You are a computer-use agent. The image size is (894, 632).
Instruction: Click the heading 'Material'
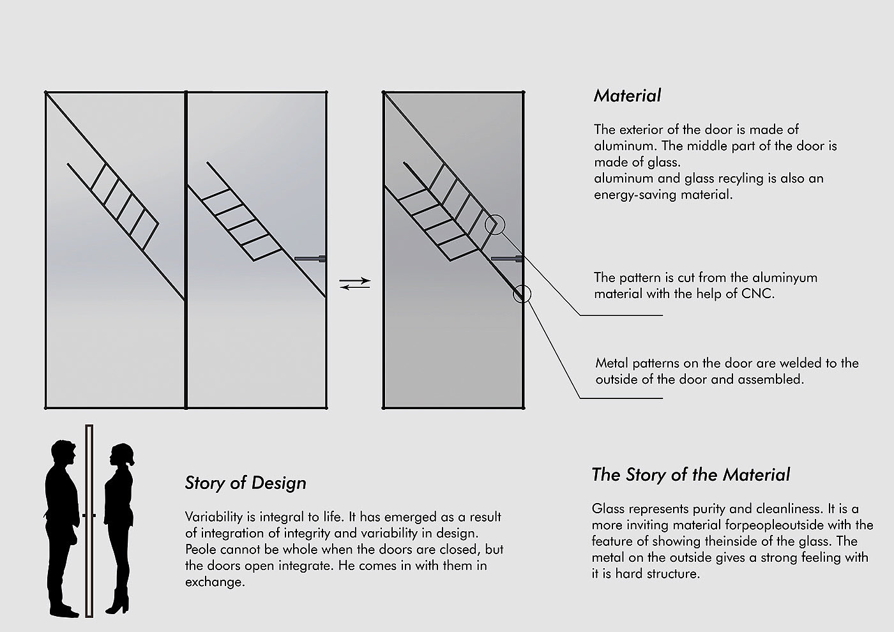(627, 96)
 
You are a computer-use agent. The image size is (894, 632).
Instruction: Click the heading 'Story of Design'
(245, 483)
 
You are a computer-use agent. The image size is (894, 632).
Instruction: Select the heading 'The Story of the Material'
(690, 475)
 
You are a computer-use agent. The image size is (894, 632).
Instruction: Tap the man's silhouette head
(64, 454)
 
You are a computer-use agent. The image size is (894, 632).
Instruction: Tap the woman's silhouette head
(121, 455)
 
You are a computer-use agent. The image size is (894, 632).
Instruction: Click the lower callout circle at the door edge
(522, 293)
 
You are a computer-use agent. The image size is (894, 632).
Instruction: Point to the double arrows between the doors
(354, 283)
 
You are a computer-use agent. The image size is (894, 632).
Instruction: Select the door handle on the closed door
(508, 259)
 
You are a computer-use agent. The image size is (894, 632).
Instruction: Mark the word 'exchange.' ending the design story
(215, 582)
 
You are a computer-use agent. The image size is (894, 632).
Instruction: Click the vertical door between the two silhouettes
(89, 520)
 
